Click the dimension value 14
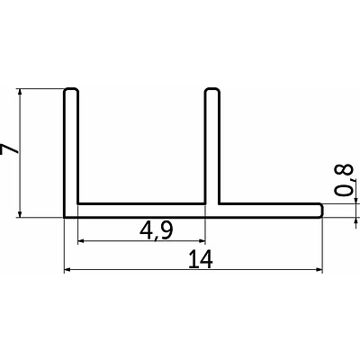tap(201, 259)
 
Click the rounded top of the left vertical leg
tap(71, 89)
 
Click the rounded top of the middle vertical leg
tap(212, 89)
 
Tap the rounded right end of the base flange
tap(321, 211)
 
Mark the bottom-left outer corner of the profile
tap(65, 217)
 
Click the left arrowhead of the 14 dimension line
tap(67, 270)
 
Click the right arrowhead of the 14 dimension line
tap(319, 270)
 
